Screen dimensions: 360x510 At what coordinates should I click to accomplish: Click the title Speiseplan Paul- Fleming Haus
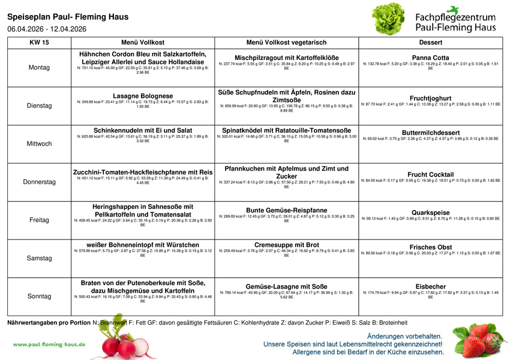pos(68,17)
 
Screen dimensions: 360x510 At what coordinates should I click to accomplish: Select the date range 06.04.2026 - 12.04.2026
pos(47,29)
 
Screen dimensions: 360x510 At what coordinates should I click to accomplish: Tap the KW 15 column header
pos(39,43)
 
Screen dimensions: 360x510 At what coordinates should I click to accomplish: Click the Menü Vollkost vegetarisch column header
pos(286,43)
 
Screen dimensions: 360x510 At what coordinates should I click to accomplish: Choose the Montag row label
pos(39,68)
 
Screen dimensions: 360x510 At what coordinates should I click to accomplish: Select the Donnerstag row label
pos(39,182)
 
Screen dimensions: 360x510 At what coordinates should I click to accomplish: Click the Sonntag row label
pos(39,296)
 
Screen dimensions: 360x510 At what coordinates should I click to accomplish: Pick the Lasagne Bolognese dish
pos(143,96)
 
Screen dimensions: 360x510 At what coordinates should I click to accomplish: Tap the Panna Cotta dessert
pos(430,58)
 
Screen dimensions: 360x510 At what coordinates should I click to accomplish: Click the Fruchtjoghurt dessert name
pos(430,98)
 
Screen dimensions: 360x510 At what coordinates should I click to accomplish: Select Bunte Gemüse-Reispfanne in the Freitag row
pos(286,210)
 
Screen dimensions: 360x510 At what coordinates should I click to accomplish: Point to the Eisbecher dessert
pos(430,286)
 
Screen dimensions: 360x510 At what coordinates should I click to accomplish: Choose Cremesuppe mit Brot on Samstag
pos(286,245)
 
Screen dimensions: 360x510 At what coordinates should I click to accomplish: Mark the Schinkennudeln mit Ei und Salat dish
pos(143,130)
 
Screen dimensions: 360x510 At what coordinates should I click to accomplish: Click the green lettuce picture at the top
pos(389,19)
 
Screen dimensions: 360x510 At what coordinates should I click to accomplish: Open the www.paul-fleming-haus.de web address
pos(49,344)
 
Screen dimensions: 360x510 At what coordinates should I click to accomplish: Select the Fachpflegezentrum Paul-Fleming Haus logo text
pos(455,22)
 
